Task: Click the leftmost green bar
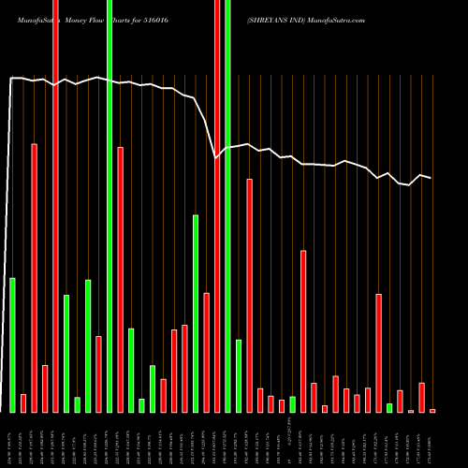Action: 13,344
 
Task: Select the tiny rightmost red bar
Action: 432,410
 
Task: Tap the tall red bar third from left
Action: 35,277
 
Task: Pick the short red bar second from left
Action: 23,402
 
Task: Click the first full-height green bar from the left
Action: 110,206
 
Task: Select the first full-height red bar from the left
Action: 56,206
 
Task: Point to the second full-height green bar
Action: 228,206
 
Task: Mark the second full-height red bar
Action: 217,206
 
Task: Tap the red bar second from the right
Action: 422,397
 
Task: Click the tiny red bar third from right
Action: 411,410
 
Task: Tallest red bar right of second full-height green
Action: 250,295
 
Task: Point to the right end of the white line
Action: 431,178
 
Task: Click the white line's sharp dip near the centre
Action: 216,157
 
